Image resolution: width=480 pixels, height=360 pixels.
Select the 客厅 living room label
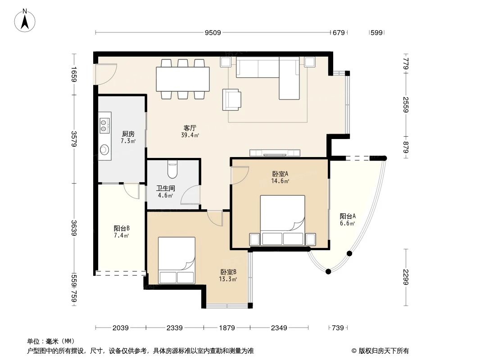pos(189,128)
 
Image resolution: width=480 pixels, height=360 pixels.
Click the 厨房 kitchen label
pos(128,134)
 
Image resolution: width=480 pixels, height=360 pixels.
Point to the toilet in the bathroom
pos(172,169)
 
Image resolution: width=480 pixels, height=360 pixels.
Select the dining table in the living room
pos(182,79)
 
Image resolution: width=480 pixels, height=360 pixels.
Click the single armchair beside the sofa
pos(231,99)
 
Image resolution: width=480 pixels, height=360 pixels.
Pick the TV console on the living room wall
pos(275,152)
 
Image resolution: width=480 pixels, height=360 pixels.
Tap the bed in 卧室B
pos(177,261)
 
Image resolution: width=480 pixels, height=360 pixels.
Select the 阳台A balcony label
pos(348,216)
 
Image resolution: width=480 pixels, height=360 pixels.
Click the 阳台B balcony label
pos(122,228)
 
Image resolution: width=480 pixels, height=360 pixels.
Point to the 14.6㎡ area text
pos(280,181)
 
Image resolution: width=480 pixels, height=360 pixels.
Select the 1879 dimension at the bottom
pos(227,328)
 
